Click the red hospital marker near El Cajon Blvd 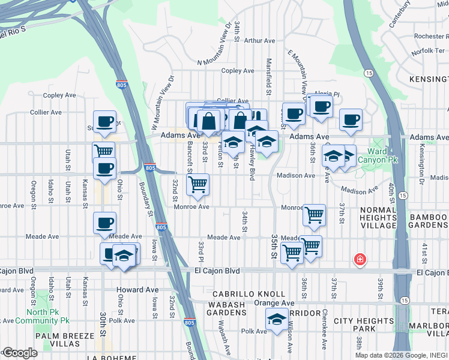tap(360, 260)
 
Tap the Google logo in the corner tap(19, 353)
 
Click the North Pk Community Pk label tap(47, 316)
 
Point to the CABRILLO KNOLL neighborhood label tap(249, 294)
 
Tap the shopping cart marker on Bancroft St tap(197, 185)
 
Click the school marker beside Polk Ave tap(276, 320)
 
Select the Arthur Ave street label tap(259, 41)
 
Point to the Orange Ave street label tap(274, 303)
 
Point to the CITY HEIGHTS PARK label tap(364, 325)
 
